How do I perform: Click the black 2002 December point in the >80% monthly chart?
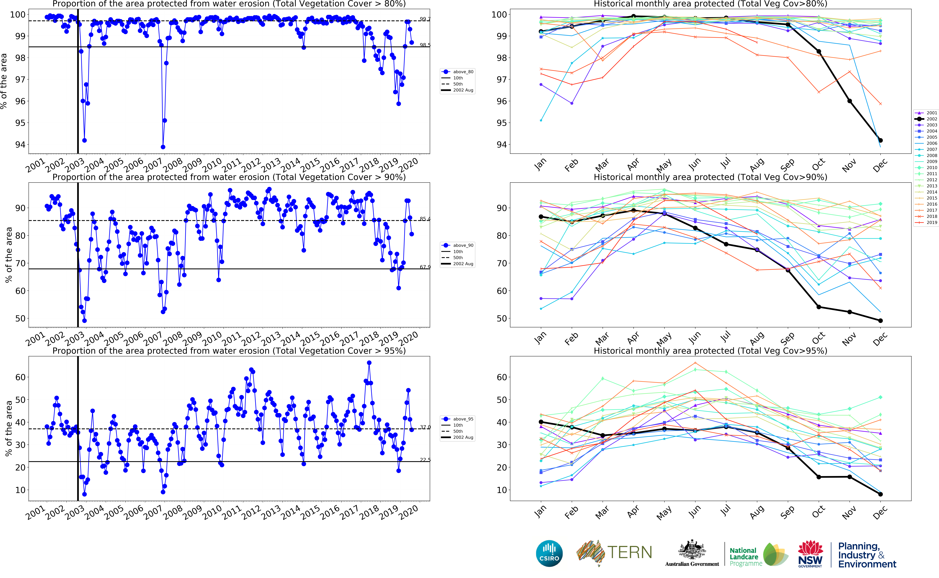pyautogui.click(x=880, y=140)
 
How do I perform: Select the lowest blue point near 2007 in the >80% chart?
pyautogui.click(x=163, y=147)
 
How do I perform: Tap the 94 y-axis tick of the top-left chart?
pyautogui.click(x=20, y=145)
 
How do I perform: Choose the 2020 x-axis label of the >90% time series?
pyautogui.click(x=409, y=338)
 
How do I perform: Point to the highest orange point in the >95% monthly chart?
pyautogui.click(x=695, y=363)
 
